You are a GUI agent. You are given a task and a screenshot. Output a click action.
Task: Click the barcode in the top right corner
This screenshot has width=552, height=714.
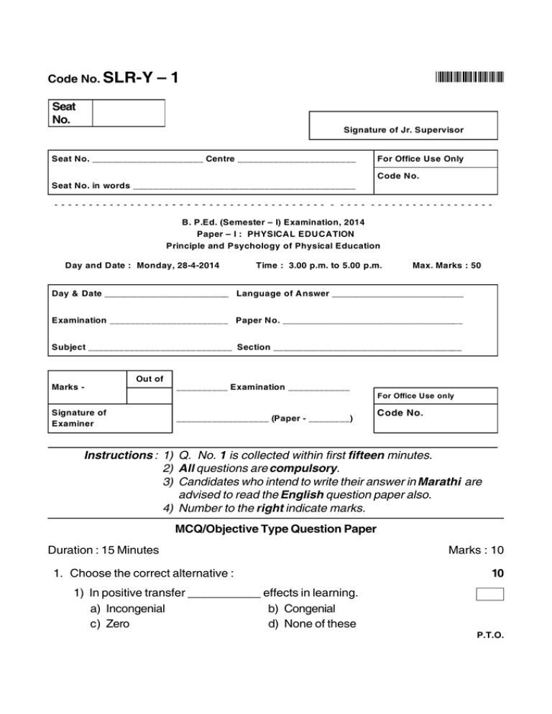point(469,77)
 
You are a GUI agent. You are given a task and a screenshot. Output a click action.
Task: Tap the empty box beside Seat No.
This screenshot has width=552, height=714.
point(129,113)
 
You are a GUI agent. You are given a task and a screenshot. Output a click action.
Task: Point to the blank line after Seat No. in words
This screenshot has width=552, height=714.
point(244,186)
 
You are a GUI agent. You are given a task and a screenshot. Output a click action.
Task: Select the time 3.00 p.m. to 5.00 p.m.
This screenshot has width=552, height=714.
point(318,266)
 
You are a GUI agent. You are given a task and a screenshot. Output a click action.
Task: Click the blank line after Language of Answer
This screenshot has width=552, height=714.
point(397,295)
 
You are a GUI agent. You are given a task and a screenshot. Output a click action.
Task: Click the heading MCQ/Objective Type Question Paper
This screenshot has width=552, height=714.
point(275,530)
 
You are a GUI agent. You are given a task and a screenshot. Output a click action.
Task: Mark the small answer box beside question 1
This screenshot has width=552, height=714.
point(489,594)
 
